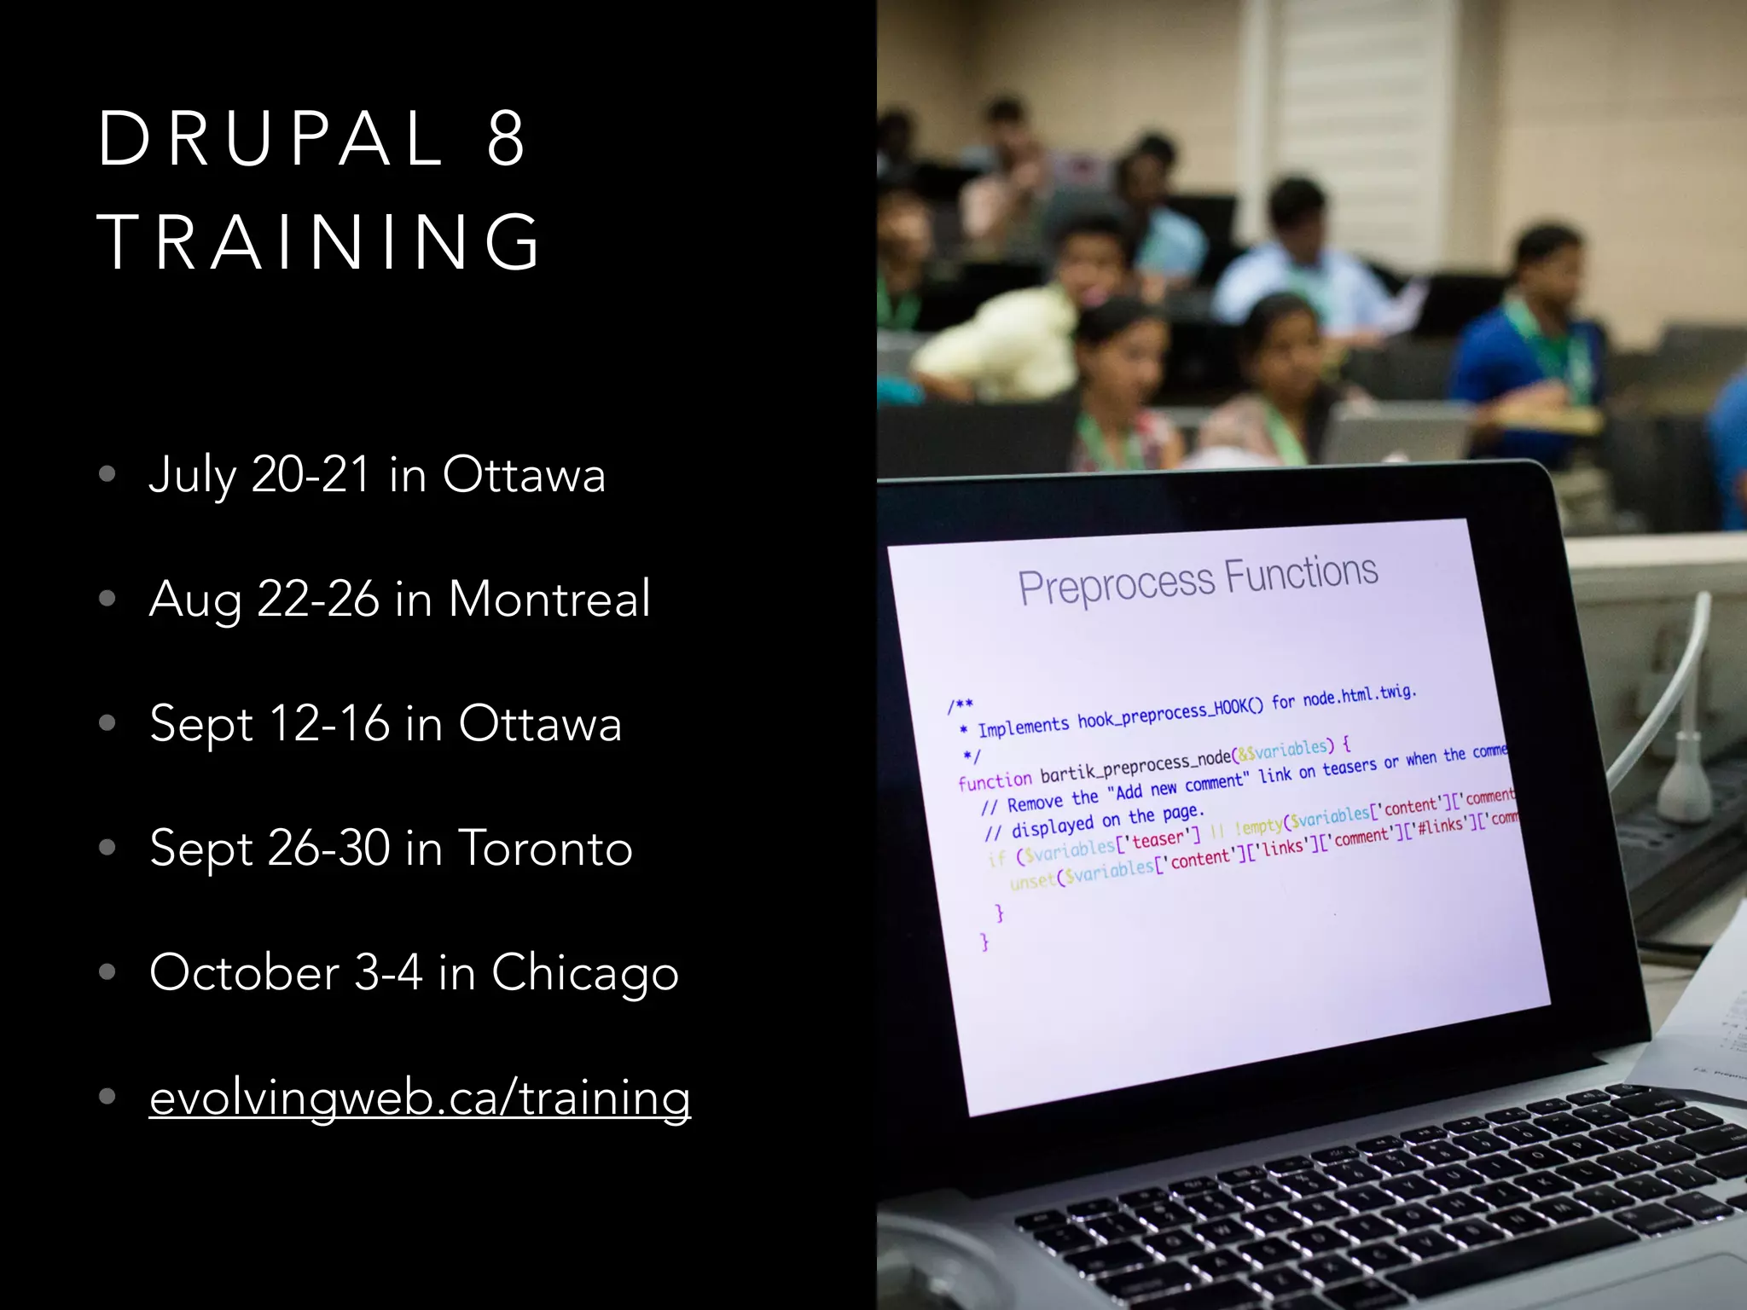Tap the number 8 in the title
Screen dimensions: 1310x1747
pyautogui.click(x=506, y=139)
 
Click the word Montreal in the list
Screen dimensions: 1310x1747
pyautogui.click(x=549, y=599)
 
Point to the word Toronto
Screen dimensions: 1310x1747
pyautogui.click(x=546, y=849)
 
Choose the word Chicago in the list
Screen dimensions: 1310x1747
pyautogui.click(x=585, y=973)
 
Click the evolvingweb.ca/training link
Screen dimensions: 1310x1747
pyautogui.click(x=420, y=1098)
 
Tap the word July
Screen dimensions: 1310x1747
pyautogui.click(x=192, y=476)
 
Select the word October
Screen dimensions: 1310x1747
pyautogui.click(x=245, y=972)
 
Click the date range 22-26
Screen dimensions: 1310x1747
pyautogui.click(x=318, y=599)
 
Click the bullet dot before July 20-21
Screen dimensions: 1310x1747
pyautogui.click(x=107, y=474)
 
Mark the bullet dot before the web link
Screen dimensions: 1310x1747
pyautogui.click(x=107, y=1097)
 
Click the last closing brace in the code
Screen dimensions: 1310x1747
pyautogui.click(x=985, y=942)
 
